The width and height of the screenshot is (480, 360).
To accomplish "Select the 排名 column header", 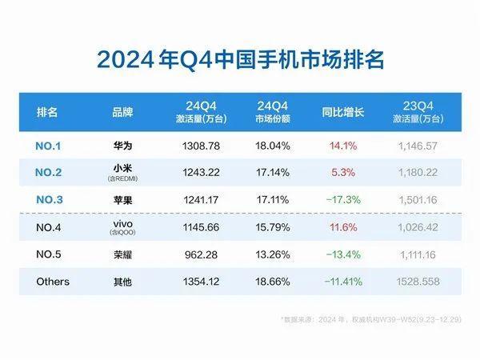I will tap(48, 112).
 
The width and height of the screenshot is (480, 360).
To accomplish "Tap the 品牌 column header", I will tap(122, 112).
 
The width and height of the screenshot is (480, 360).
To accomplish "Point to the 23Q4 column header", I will tap(422, 112).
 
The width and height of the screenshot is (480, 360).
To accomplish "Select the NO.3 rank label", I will tap(54, 200).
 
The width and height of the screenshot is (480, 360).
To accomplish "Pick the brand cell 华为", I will tap(122, 146).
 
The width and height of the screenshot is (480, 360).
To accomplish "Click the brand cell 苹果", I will tap(122, 200).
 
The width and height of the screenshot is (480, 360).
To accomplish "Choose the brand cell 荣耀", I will tap(122, 254).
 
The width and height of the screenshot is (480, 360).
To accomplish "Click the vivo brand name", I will tap(122, 224).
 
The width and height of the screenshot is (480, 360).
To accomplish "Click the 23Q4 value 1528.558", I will tap(422, 282).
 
